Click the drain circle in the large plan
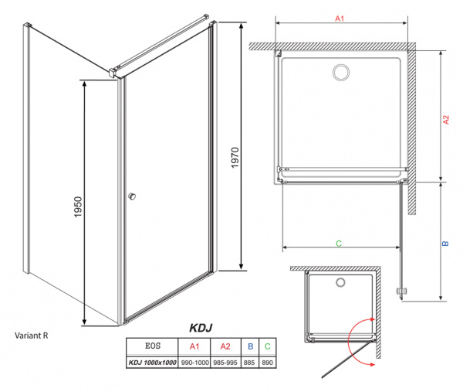click(340, 73)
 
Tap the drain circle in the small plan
click(340, 283)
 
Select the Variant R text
click(33, 336)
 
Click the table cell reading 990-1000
click(194, 362)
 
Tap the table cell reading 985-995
click(226, 362)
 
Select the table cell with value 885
click(251, 362)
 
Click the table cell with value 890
click(267, 362)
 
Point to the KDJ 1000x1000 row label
click(151, 362)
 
